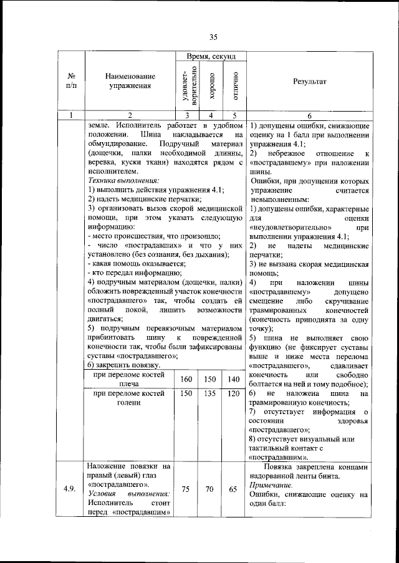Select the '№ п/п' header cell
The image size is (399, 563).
[71, 82]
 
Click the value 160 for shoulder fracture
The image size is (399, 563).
[186, 380]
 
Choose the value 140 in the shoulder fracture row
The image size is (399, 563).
[234, 380]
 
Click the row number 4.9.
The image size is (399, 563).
[70, 489]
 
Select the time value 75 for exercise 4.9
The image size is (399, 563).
[186, 489]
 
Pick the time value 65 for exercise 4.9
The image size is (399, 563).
[234, 489]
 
